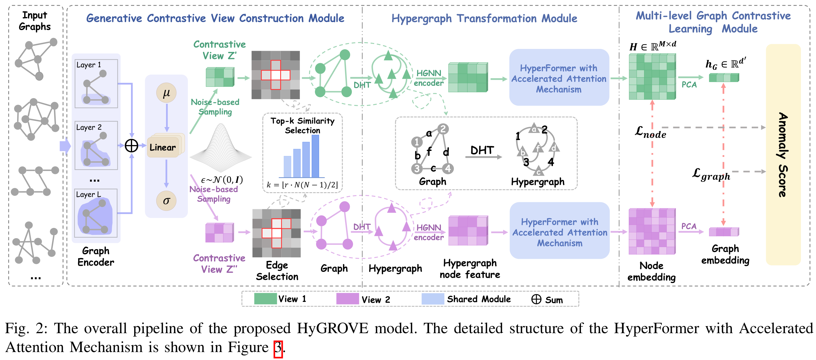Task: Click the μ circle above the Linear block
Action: coord(166,93)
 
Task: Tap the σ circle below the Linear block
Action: coord(166,200)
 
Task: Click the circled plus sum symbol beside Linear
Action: coord(132,146)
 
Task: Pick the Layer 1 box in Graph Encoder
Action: coord(96,84)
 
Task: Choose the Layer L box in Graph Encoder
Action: coord(96,213)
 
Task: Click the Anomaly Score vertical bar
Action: coord(783,154)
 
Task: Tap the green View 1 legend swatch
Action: coord(265,299)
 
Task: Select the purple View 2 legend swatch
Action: coord(347,299)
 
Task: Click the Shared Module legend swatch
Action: coord(433,299)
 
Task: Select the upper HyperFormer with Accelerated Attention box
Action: coord(559,78)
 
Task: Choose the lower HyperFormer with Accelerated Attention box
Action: coord(559,231)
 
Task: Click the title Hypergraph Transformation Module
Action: coord(484,18)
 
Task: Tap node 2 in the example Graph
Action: coord(443,129)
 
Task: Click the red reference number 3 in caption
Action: coord(278,348)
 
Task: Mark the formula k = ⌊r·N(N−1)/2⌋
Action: coord(302,185)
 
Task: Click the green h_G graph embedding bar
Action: coord(723,78)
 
